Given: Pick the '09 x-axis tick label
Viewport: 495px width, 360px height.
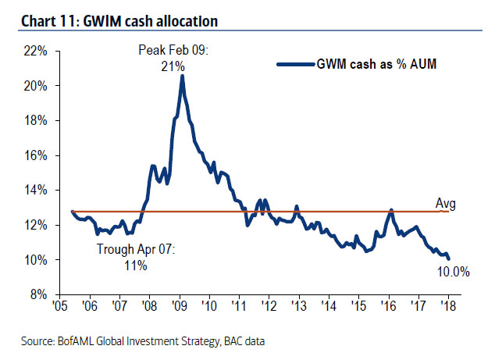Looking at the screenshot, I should [180, 308].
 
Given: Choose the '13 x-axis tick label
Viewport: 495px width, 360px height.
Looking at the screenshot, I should [300, 308].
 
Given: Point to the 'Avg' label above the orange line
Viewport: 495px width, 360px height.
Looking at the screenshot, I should [445, 205].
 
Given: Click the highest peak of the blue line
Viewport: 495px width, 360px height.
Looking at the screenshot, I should [182, 77].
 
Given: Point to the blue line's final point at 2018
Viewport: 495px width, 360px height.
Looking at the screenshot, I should [449, 259].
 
